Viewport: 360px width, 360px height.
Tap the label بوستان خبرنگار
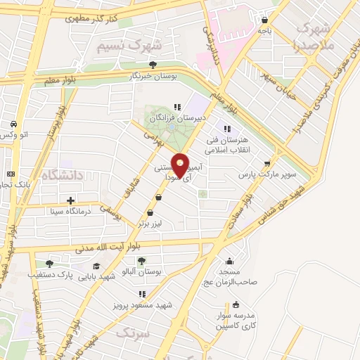(x=153, y=75)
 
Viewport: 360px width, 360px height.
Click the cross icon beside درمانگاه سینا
(x=70, y=200)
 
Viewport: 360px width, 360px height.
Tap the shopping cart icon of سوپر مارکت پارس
(x=266, y=163)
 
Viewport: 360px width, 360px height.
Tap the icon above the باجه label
(x=264, y=20)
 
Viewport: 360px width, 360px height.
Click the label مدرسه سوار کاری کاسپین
(x=236, y=320)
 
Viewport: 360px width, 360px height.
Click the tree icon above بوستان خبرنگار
(x=153, y=65)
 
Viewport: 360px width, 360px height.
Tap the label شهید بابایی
(x=96, y=276)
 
